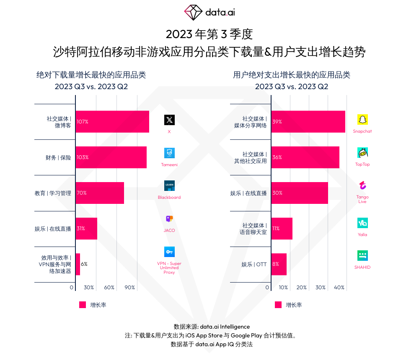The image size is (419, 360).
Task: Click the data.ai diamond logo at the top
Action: (193, 12)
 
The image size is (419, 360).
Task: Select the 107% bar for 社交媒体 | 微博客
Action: (112, 122)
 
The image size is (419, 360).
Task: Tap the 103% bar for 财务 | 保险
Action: (111, 157)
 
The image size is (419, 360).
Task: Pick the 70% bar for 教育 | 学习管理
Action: (100, 193)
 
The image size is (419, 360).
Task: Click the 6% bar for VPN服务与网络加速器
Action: (78, 264)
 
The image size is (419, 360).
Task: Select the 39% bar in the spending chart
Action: (308, 122)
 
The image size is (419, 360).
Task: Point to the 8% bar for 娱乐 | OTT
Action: (279, 264)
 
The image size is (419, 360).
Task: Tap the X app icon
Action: (169, 120)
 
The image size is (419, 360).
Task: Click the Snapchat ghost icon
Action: (362, 120)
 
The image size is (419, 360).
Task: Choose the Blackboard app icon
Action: (169, 186)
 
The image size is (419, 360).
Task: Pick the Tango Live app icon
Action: (362, 185)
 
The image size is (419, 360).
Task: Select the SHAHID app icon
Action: (362, 255)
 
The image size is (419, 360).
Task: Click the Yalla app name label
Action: (362, 234)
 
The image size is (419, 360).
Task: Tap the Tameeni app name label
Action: (169, 165)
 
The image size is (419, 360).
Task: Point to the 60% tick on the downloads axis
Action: (109, 288)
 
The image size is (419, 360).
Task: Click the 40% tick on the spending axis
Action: (339, 288)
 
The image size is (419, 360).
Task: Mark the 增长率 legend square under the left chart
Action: (83, 305)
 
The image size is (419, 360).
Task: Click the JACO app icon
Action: (169, 219)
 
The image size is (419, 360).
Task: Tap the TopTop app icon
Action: (362, 153)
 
